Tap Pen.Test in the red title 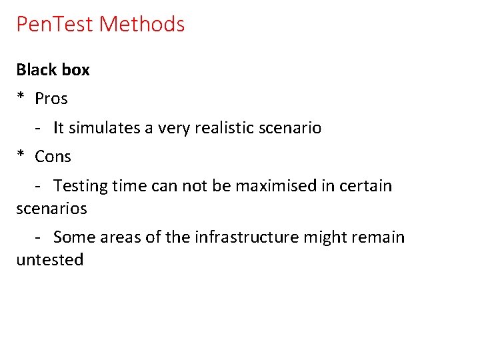(55, 25)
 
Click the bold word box (73, 69)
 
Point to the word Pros (51, 99)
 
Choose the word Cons (53, 157)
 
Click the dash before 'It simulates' (39, 127)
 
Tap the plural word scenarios (51, 209)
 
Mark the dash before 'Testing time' (39, 185)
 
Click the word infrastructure (248, 237)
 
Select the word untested (50, 260)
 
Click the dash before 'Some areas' (39, 237)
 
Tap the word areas (117, 237)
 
